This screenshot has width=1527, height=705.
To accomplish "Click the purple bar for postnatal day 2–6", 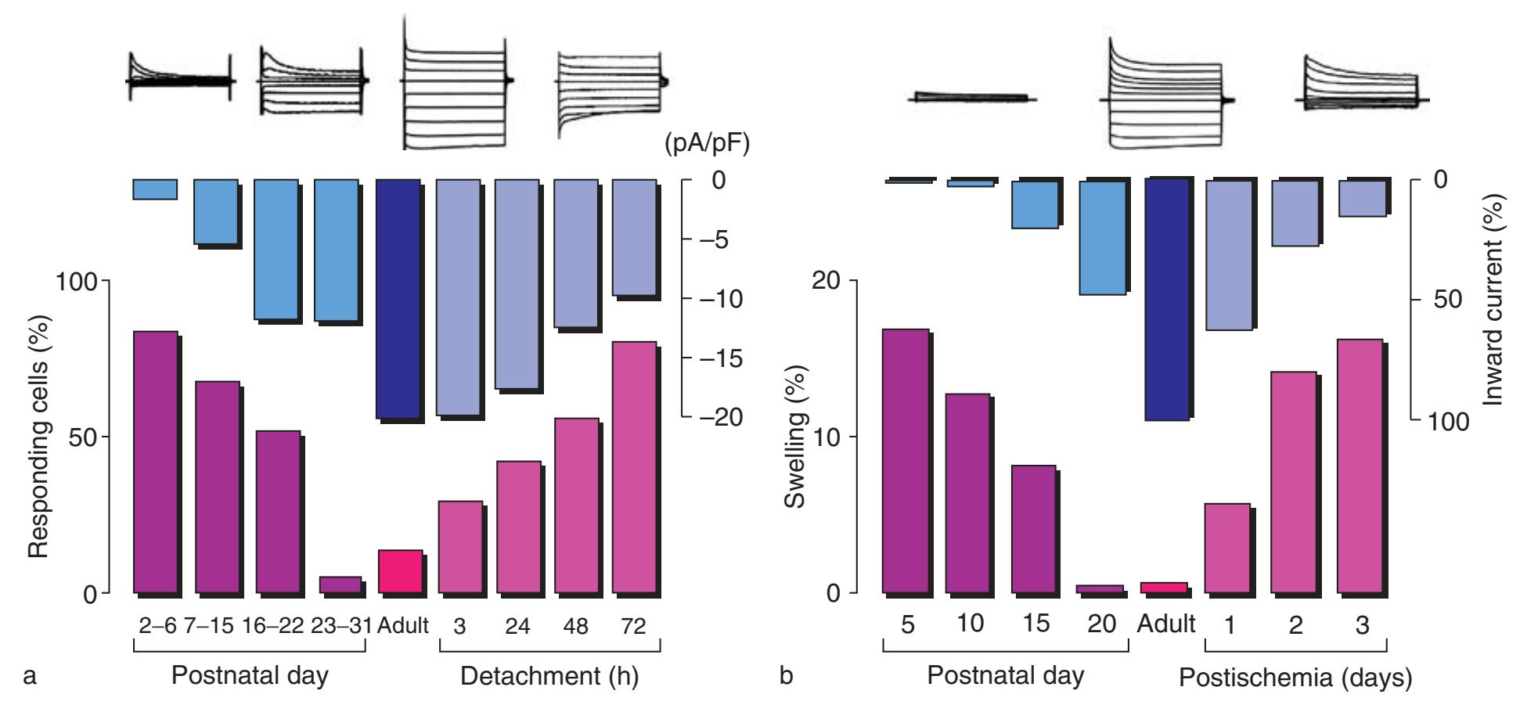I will pos(155,462).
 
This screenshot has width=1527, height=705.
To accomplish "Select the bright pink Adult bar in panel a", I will pos(400,572).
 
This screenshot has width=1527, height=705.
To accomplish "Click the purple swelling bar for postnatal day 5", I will pos(906,461).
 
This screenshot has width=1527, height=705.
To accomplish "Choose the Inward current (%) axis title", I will pos(1495,301).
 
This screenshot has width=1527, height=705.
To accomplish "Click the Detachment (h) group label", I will pos(549,677).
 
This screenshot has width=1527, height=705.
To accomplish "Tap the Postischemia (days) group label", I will pos(1295,678).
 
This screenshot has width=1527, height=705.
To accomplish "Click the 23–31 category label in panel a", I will pos(340,626).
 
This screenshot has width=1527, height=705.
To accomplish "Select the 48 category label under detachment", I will pos(575,626).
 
